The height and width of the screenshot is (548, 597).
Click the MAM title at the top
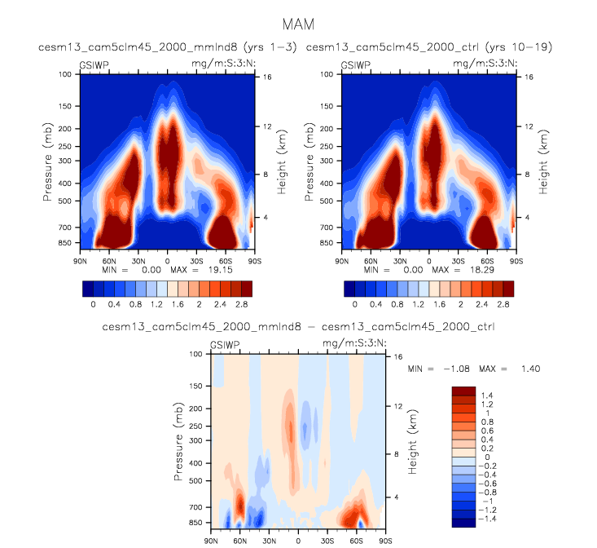297,25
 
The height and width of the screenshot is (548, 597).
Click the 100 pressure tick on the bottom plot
196,354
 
